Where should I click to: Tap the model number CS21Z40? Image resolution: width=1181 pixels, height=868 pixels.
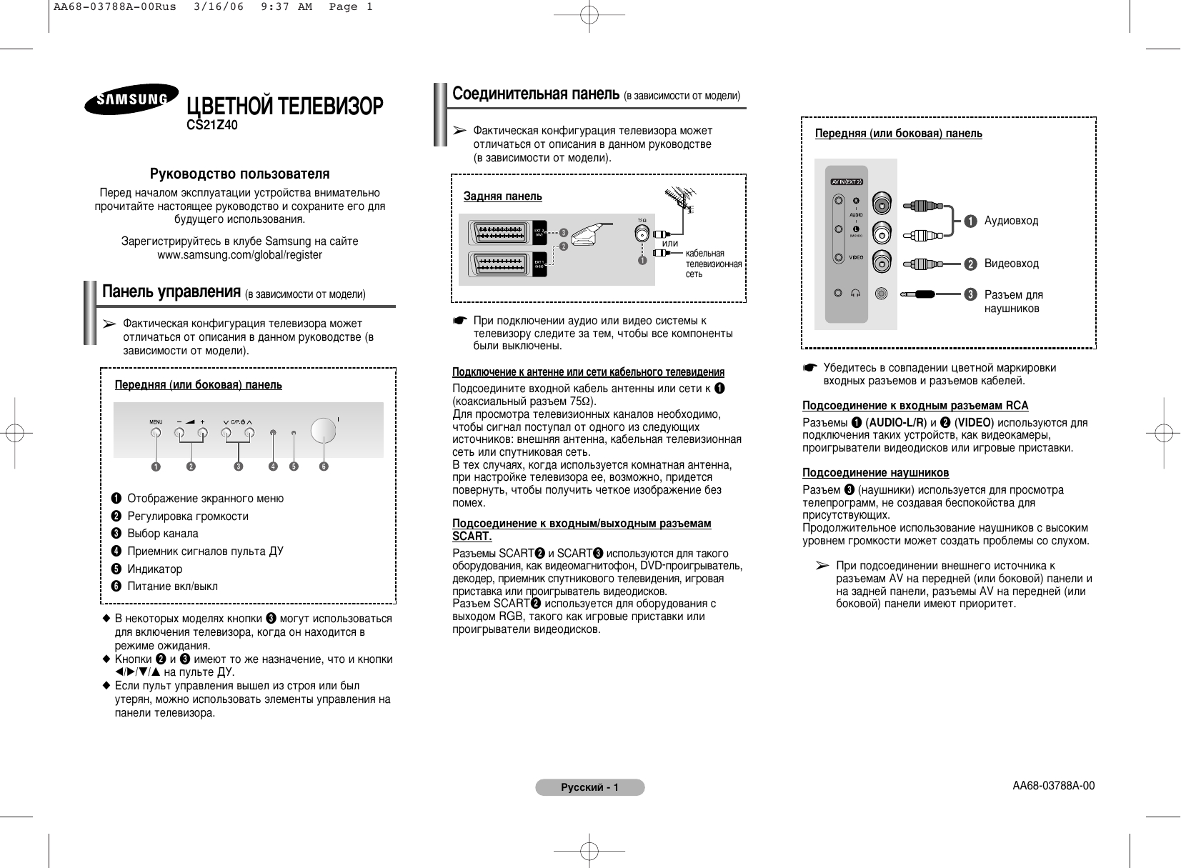[212, 126]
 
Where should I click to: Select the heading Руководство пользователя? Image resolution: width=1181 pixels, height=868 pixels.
[239, 174]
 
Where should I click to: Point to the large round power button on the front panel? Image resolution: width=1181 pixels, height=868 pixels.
[323, 429]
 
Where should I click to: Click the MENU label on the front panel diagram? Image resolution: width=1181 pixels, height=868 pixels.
[156, 421]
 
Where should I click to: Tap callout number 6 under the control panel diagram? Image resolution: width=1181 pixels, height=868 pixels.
[324, 467]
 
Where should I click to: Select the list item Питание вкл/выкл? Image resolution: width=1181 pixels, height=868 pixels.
[172, 587]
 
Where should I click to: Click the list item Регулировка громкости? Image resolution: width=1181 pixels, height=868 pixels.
[188, 516]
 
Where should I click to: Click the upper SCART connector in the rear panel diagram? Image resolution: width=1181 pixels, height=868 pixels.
[500, 232]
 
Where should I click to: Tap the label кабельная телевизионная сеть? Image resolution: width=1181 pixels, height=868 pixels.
[713, 264]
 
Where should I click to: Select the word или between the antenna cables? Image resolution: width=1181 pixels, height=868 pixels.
[670, 244]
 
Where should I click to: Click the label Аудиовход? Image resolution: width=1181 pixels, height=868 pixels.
[1011, 221]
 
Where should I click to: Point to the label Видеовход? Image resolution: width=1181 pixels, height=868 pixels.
[1011, 264]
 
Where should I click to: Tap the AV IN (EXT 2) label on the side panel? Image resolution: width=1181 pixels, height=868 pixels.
[847, 181]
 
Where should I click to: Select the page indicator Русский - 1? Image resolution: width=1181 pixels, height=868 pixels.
[589, 788]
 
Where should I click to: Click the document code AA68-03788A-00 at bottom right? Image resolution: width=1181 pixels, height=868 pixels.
[1053, 786]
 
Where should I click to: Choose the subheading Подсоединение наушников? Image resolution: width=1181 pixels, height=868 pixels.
[875, 472]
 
